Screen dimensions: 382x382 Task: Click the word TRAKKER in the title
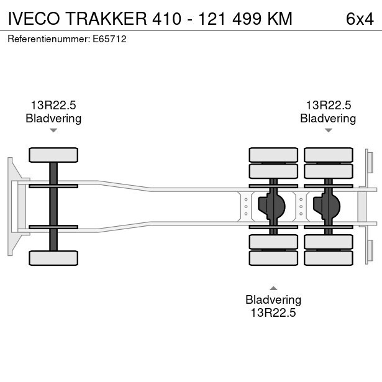106,19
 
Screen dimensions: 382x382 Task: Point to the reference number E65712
111,39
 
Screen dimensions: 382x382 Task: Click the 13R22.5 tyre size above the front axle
53,106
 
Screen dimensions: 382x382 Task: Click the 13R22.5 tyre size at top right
328,106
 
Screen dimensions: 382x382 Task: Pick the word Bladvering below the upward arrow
273,300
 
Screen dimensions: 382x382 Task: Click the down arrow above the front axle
53,130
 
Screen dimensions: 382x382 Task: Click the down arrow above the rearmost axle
328,130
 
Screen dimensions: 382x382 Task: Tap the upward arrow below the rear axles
273,288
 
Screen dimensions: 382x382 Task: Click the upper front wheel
53,155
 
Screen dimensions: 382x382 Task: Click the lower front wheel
53,258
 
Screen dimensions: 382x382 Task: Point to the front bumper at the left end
11,206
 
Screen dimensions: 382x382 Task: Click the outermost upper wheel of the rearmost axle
328,155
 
